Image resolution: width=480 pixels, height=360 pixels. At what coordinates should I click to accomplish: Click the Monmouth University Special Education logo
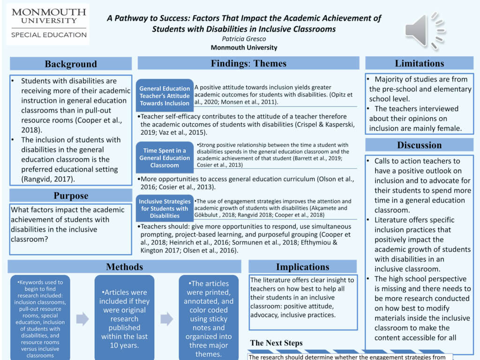tap(49, 23)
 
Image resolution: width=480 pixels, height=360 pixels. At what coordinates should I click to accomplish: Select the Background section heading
tap(71, 64)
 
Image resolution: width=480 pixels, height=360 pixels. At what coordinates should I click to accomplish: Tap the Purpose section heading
tap(71, 195)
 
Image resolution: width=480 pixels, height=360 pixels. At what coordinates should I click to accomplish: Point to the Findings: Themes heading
tap(248, 63)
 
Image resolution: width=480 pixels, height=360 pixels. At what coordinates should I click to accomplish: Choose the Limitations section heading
tap(419, 63)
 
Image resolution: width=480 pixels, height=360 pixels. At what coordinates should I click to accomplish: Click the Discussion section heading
tap(419, 145)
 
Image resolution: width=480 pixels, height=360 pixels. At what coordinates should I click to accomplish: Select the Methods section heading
tap(124, 267)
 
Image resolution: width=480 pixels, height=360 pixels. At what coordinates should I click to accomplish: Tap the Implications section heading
tap(302, 267)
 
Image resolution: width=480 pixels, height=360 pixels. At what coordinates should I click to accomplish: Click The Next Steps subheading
tap(276, 343)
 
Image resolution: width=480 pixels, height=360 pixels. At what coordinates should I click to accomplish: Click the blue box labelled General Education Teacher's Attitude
tap(165, 96)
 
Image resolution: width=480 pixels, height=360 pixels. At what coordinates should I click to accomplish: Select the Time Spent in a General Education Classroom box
tap(165, 158)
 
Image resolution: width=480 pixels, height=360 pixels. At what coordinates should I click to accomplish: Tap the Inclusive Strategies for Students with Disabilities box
tap(165, 209)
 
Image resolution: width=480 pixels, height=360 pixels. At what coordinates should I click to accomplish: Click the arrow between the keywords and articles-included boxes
tap(82, 319)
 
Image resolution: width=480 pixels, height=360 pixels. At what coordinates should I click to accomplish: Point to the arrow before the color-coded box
tap(166, 319)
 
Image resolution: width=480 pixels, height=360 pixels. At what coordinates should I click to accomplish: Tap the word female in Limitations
tap(448, 128)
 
